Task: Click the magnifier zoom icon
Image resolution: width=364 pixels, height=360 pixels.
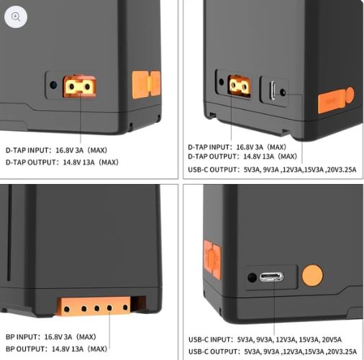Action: click(16, 17)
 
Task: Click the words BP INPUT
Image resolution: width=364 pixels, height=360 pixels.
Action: click(22, 337)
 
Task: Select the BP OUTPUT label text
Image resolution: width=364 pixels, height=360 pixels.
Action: click(25, 349)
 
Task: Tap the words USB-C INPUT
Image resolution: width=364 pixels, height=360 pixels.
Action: click(209, 340)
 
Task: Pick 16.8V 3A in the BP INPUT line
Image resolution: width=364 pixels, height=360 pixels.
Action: click(58, 337)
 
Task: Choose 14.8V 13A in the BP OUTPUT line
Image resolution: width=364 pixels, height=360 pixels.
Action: click(68, 349)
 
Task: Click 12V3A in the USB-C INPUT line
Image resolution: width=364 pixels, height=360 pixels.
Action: click(285, 340)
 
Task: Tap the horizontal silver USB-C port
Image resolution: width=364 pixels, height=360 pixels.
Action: click(271, 277)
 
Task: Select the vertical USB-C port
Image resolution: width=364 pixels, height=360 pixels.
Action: click(273, 91)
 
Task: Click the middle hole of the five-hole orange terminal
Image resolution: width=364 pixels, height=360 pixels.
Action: click(97, 308)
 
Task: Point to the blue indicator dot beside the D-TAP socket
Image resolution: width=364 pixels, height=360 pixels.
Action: click(53, 85)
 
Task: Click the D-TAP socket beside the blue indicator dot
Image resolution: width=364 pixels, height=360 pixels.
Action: click(79, 87)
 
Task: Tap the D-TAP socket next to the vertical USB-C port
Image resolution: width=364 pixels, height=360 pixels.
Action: click(240, 86)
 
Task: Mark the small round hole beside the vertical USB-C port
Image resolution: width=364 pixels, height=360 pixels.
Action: click(283, 92)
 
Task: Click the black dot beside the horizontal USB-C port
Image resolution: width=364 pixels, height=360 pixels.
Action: click(252, 277)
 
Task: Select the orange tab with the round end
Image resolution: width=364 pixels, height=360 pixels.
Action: click(336, 100)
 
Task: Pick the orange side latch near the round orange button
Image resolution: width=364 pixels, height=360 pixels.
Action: click(212, 259)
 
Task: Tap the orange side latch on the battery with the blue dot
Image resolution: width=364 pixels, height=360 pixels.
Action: click(146, 85)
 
